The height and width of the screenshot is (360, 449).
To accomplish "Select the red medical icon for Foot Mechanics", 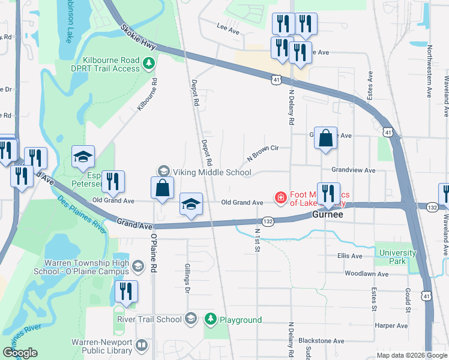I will [280, 197].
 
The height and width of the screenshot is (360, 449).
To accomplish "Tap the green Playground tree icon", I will [210, 319].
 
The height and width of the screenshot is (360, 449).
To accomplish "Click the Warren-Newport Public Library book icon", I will [142, 345].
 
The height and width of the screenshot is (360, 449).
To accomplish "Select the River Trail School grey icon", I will [191, 319].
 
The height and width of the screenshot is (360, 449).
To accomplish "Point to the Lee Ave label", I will [228, 28].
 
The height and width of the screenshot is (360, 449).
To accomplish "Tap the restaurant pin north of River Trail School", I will [126, 292].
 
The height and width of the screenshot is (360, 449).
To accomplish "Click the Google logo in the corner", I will [20, 353].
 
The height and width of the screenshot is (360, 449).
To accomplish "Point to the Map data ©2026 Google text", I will [412, 355].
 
